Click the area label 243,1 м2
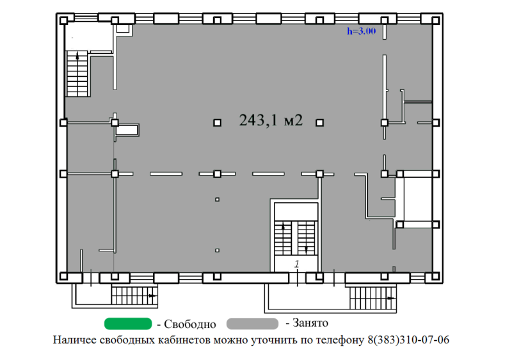click(x=270, y=120)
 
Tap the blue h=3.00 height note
click(x=361, y=29)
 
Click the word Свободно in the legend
click(x=190, y=324)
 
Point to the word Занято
click(x=310, y=323)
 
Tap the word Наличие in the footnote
click(x=75, y=340)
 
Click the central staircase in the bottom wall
click(x=296, y=237)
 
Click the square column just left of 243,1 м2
click(x=218, y=122)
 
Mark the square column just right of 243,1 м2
click(x=320, y=122)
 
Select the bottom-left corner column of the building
click(x=63, y=276)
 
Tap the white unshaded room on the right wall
click(x=416, y=198)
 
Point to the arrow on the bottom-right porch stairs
click(x=388, y=296)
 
